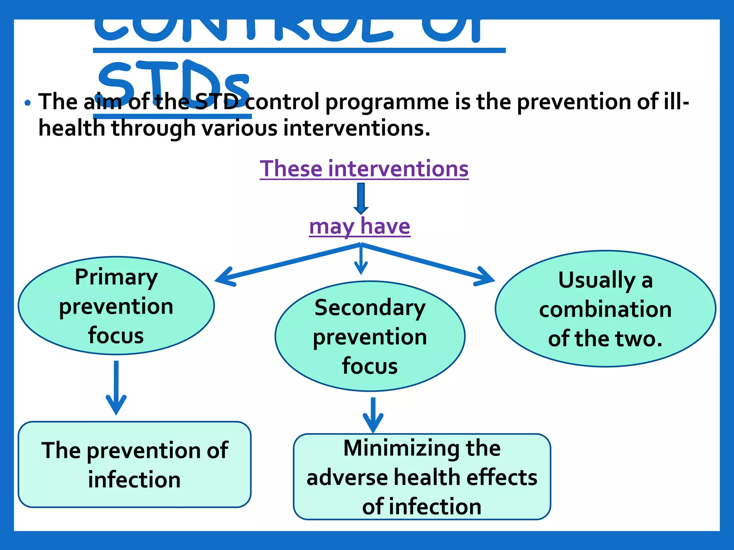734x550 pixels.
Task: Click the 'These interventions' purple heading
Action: [x=364, y=169]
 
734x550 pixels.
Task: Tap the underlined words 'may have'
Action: [x=359, y=226]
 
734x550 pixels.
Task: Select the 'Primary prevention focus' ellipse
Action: [x=116, y=305]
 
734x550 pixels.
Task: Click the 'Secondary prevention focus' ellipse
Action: [x=370, y=336]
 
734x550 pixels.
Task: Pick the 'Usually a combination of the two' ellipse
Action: [x=605, y=309]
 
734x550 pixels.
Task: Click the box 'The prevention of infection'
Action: [x=134, y=464]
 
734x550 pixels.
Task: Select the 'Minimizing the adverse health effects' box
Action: [x=421, y=477]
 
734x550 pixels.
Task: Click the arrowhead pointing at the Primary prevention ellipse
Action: [x=224, y=279]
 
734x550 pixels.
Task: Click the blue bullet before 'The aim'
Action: [x=28, y=103]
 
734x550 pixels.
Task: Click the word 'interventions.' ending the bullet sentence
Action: [x=357, y=128]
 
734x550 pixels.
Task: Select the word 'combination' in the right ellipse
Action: [x=605, y=309]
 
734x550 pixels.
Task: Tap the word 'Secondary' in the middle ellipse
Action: [x=370, y=308]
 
